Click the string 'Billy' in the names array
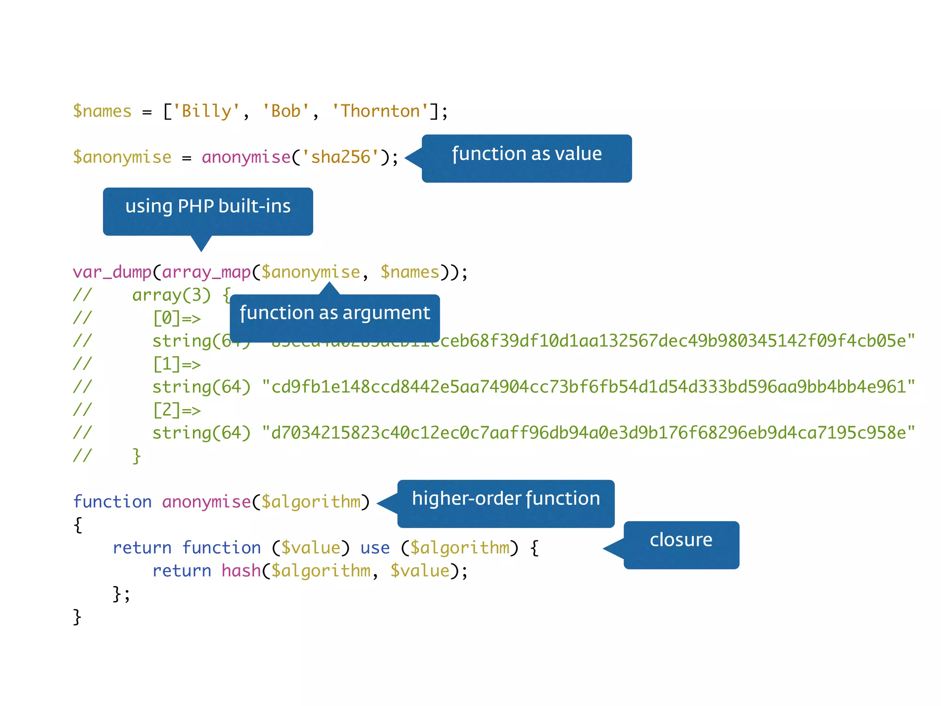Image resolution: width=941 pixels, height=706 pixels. click(206, 111)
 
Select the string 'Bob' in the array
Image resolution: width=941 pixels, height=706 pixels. click(285, 111)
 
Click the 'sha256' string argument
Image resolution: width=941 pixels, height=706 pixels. click(340, 157)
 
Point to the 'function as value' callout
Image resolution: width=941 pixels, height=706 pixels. click(527, 158)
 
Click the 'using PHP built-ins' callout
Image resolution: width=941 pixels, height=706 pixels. click(208, 211)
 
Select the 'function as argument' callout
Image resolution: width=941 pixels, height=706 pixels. click(334, 318)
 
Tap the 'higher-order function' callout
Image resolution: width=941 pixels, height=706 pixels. click(505, 503)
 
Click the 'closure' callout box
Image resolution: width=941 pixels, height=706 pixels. click(681, 545)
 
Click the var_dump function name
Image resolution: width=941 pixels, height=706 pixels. click(112, 272)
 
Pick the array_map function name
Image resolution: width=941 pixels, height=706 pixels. click(206, 272)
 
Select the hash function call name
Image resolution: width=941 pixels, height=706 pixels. click(241, 571)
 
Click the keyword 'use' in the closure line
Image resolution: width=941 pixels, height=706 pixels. click(375, 548)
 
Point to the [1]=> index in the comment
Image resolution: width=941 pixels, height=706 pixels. click(176, 364)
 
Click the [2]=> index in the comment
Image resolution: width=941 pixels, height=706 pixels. click(176, 410)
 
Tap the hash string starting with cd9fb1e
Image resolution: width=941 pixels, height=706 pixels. click(588, 387)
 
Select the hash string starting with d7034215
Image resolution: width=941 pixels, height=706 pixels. click(588, 433)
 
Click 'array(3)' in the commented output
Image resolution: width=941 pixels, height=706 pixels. click(171, 295)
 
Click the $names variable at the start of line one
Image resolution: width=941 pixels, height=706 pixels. click(102, 111)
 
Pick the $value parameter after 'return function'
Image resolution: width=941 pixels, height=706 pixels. click(311, 548)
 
